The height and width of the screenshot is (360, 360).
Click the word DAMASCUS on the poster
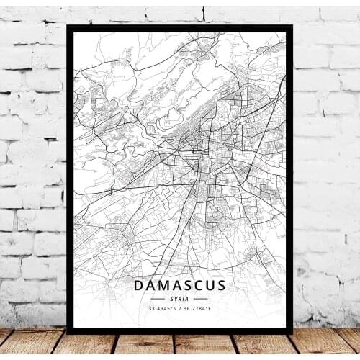[180, 286]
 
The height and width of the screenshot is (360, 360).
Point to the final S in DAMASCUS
[220, 286]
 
